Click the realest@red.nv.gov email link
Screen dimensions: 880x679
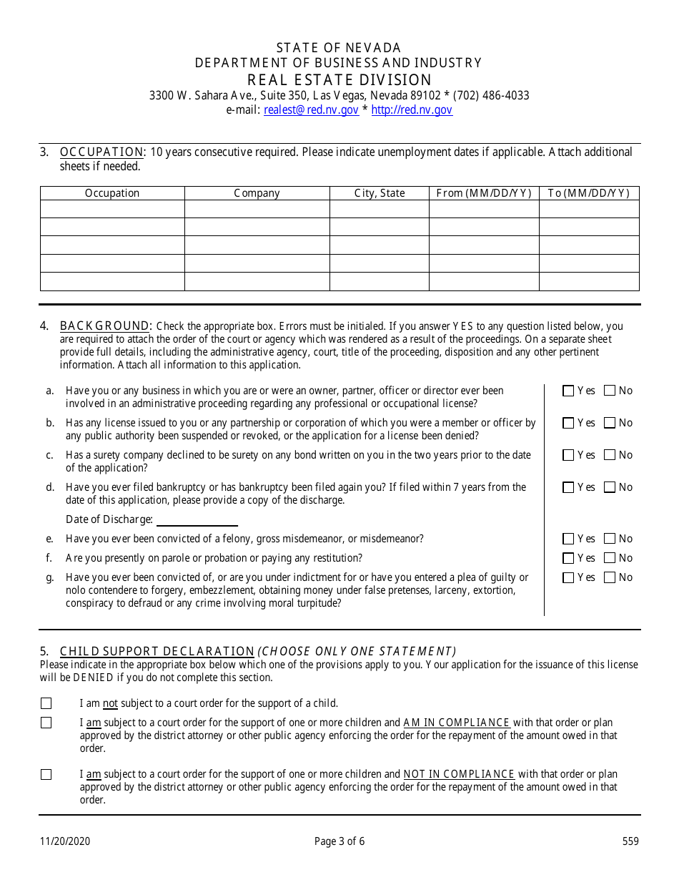[311, 110]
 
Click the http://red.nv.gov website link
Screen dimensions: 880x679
[412, 110]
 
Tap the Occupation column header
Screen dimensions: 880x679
[112, 193]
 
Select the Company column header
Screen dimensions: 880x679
[257, 193]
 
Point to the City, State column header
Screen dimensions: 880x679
[380, 193]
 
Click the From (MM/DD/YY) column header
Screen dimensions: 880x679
[484, 193]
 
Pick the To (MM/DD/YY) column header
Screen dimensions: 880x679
[588, 193]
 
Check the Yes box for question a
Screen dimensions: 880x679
[568, 391]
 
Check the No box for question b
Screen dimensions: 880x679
[610, 423]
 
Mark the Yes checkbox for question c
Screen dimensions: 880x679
[568, 455]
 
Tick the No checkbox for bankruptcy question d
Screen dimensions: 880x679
[610, 487]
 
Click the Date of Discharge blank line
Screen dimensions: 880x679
[197, 520]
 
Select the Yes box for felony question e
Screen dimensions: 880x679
[568, 539]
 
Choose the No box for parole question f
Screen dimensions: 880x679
[610, 558]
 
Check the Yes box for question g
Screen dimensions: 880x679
[568, 577]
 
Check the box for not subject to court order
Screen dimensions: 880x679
[46, 703]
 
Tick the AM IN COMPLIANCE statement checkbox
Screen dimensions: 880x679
[46, 723]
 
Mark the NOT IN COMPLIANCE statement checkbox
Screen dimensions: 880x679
[46, 774]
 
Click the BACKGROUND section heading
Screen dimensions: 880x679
[105, 326]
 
